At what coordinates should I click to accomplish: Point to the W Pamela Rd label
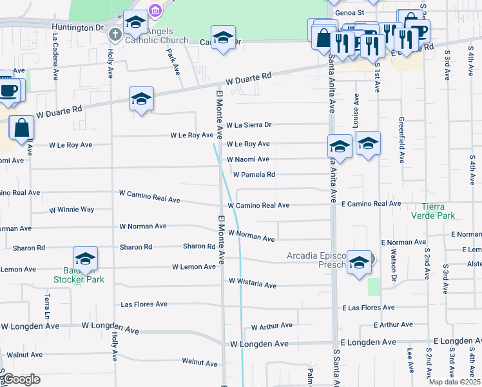point(254,175)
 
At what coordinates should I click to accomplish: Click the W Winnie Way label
point(72,210)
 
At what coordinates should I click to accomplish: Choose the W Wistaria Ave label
point(252,285)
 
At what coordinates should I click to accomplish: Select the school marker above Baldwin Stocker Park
point(85,259)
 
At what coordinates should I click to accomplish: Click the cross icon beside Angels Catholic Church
point(115,34)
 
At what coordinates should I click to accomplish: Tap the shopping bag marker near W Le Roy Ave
point(22,128)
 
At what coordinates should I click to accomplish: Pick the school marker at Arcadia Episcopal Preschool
point(360,262)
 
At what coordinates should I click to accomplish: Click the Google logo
point(21,379)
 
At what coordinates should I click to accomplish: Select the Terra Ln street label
point(47,306)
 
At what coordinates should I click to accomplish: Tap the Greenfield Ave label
point(401,147)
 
